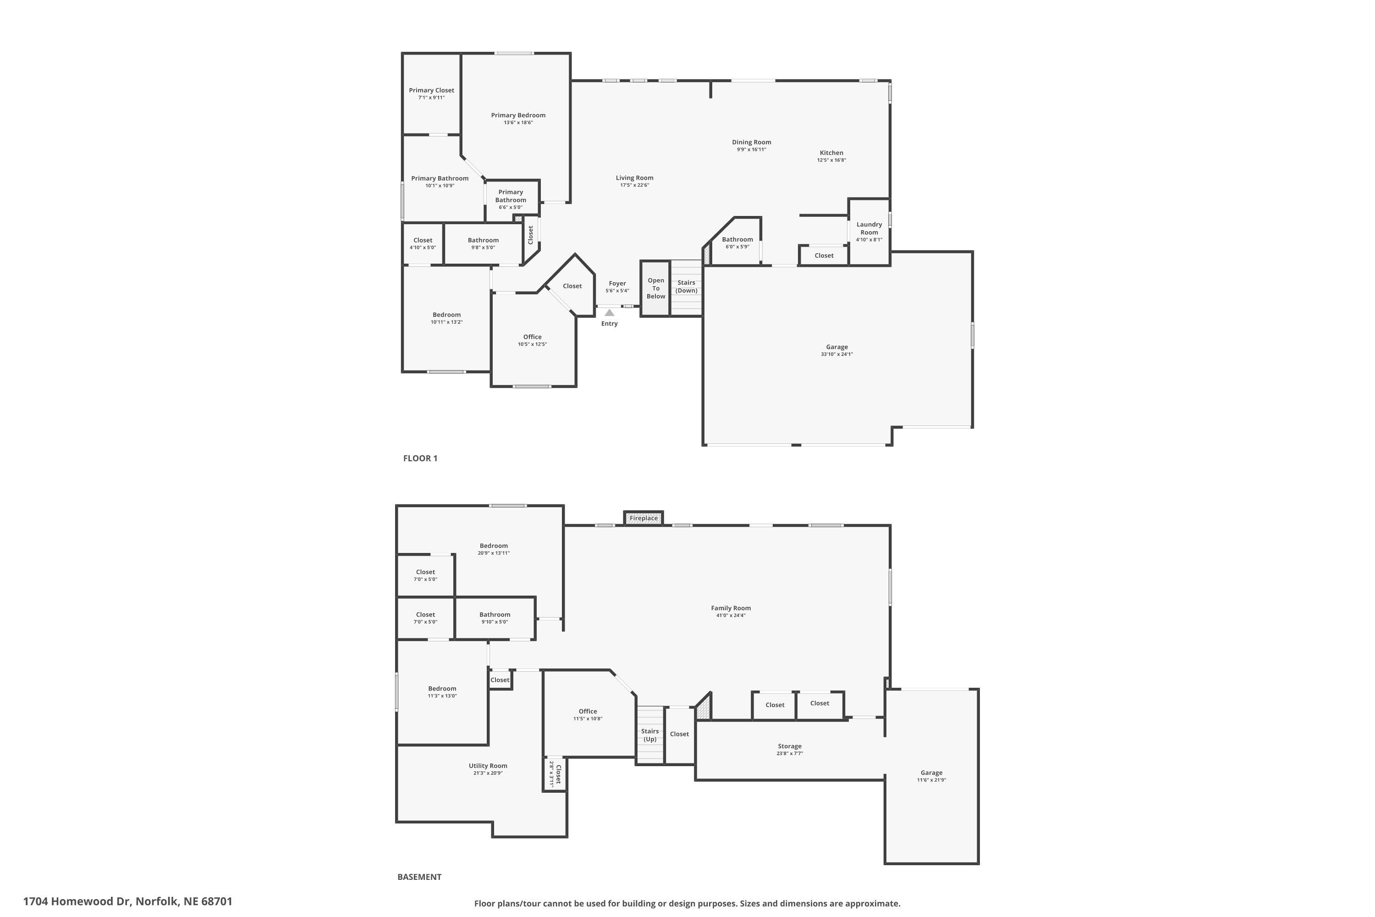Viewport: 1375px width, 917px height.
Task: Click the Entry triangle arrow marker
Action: pyautogui.click(x=609, y=312)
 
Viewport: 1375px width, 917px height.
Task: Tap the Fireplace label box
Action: pyautogui.click(x=643, y=518)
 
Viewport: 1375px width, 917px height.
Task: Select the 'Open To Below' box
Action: pyautogui.click(x=655, y=288)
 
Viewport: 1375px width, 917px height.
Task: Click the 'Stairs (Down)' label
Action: pyautogui.click(x=686, y=287)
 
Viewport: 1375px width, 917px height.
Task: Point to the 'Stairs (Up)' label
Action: pyautogui.click(x=649, y=735)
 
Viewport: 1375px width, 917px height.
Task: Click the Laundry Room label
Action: pyautogui.click(x=869, y=228)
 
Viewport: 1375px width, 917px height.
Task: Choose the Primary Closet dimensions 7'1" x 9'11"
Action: pyautogui.click(x=431, y=98)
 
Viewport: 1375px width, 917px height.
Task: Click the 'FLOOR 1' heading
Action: pyautogui.click(x=420, y=458)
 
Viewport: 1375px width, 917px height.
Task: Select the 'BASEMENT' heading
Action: pyautogui.click(x=419, y=877)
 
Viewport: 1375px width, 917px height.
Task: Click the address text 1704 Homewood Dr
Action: pyautogui.click(x=127, y=901)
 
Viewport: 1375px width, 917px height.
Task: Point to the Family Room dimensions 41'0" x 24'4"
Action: pyautogui.click(x=731, y=615)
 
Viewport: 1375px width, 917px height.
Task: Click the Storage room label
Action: pyautogui.click(x=789, y=746)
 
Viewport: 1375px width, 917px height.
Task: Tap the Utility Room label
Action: pyautogui.click(x=488, y=766)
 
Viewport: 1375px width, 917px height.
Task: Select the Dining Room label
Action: pyautogui.click(x=751, y=142)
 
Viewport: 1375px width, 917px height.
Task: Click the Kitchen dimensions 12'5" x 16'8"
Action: pyautogui.click(x=831, y=160)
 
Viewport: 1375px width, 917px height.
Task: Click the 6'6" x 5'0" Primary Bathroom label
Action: pyautogui.click(x=511, y=199)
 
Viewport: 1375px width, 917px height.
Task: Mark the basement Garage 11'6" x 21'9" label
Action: pyautogui.click(x=931, y=776)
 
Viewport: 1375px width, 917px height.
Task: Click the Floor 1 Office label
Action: pyautogui.click(x=532, y=337)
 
